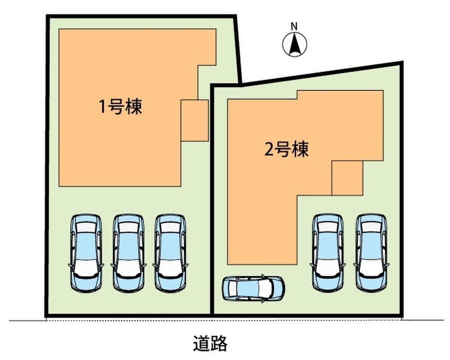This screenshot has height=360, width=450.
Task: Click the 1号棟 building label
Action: pos(120,107)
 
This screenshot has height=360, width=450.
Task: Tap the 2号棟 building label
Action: pos(287,149)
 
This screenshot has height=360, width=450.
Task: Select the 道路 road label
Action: pos(210,343)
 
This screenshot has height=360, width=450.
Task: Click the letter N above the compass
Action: pos(294,27)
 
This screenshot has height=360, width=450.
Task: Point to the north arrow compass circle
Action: pos(294,45)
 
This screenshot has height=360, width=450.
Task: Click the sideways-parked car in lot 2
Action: pos(253,288)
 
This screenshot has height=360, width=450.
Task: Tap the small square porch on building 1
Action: pos(194,121)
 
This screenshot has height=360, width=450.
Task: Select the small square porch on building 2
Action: pos(347,178)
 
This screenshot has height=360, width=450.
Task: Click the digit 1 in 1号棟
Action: pos(103,107)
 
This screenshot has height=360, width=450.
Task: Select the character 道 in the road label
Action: pos(201,343)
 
